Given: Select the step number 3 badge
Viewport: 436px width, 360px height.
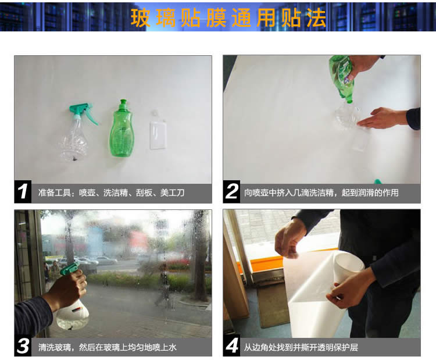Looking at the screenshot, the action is point(23,346).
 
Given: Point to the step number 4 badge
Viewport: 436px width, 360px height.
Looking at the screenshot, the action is point(231,346).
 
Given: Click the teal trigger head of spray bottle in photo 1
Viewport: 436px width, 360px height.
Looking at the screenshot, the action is point(83,111).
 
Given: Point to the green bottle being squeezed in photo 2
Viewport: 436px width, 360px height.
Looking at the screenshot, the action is point(341,78).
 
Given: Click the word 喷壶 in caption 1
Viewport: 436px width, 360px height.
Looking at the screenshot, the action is point(87,193).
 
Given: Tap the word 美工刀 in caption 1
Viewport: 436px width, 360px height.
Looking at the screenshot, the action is point(172,193).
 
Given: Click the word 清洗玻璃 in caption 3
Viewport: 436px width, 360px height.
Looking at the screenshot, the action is point(55,347).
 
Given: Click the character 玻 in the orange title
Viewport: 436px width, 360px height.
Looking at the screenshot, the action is point(141,18).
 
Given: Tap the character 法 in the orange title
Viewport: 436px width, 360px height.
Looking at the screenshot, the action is point(316,18).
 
